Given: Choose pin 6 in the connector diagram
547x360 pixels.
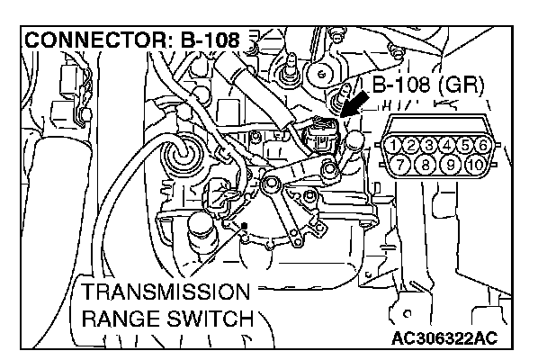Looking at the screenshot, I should pos(484,145).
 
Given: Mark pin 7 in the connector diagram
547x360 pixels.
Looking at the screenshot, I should pos(403,164).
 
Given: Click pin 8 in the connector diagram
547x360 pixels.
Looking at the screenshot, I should pos(421,164).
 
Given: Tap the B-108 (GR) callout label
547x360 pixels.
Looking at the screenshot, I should pos(427,86).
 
